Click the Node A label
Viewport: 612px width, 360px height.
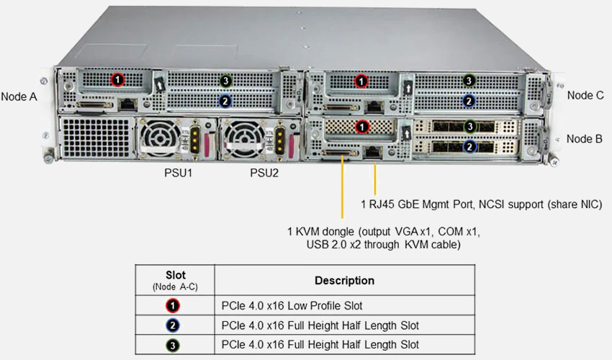click(x=19, y=96)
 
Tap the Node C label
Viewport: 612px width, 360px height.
click(x=585, y=94)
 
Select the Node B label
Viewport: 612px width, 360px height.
click(x=585, y=138)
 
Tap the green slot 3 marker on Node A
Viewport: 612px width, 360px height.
click(x=225, y=81)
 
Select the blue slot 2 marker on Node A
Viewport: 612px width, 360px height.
click(x=225, y=102)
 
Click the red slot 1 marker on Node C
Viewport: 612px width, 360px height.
click(x=362, y=80)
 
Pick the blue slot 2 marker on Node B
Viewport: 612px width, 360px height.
click(x=469, y=147)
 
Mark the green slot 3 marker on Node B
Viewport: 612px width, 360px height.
click(x=469, y=127)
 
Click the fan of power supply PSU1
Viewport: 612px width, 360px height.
click(x=158, y=136)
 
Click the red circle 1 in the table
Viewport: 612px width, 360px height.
click(x=174, y=305)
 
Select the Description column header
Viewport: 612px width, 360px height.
click(x=344, y=280)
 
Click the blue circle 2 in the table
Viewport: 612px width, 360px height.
click(x=174, y=325)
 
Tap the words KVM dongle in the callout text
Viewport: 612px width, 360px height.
click(x=325, y=232)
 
